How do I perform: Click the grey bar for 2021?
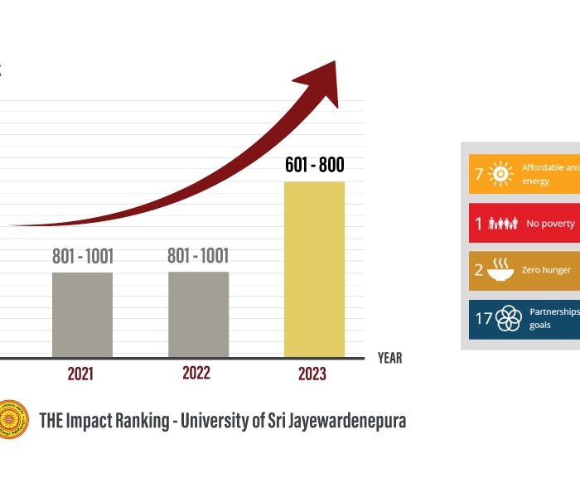(82, 315)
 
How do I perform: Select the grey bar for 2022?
(198, 315)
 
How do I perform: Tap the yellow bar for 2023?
(314, 269)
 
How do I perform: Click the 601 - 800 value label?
(314, 165)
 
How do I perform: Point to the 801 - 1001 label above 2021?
(82, 257)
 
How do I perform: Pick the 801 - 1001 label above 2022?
(198, 256)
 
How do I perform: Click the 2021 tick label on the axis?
(80, 374)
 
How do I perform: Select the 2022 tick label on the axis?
(196, 374)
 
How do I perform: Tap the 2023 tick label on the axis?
(312, 374)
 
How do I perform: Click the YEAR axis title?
(389, 358)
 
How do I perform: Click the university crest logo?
(12, 420)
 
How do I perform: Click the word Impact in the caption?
(96, 420)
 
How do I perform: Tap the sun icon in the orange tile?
(500, 174)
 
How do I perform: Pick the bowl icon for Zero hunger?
(501, 270)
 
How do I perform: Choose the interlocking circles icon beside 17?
(508, 318)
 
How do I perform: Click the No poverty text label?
(548, 224)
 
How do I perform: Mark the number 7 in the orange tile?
(479, 174)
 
